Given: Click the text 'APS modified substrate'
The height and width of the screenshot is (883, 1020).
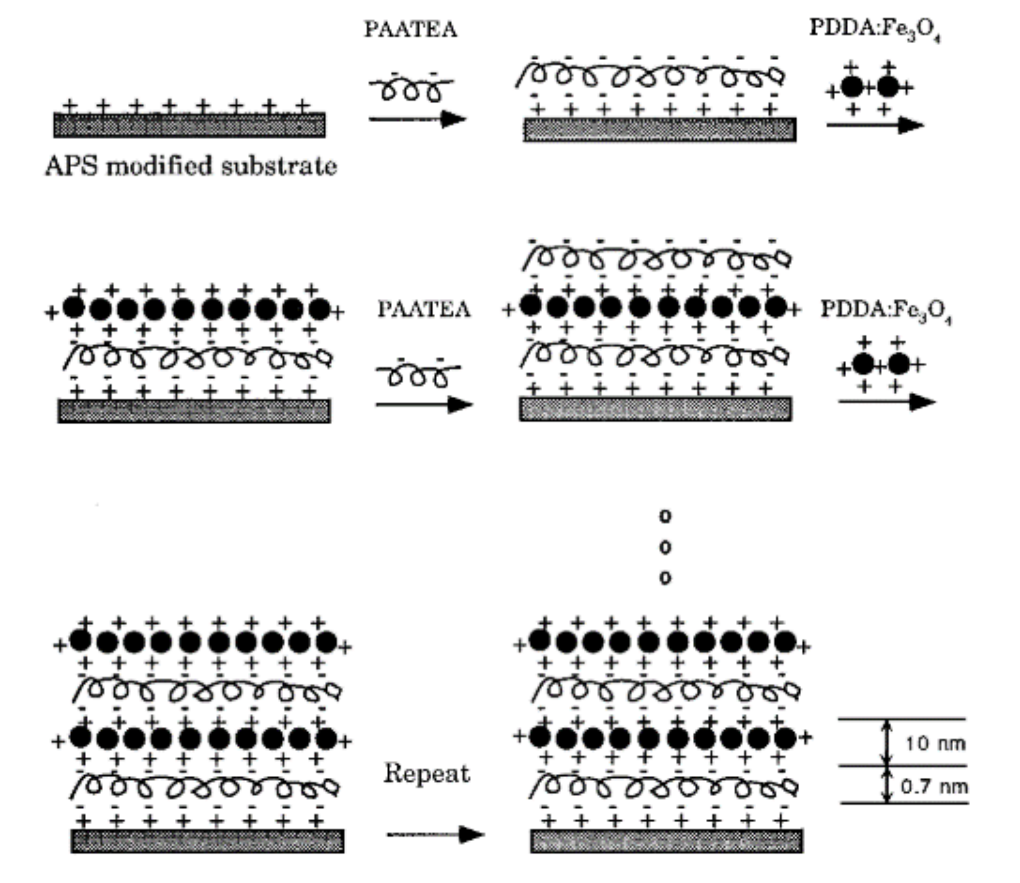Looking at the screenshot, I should [191, 166].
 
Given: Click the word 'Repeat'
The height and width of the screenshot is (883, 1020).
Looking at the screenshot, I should [427, 773].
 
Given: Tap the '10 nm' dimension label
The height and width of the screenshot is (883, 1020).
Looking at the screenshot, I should [935, 743].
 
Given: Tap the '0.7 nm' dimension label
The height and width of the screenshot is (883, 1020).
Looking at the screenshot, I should [934, 786].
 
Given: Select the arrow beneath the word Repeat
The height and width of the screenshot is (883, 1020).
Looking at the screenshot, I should [435, 834].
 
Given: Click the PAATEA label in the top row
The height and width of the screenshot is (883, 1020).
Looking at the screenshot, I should [411, 29].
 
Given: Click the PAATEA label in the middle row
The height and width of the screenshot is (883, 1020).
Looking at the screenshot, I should [424, 310].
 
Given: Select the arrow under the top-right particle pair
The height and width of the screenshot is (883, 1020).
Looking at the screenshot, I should [875, 125].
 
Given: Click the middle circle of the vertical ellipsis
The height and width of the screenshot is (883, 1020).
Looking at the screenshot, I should [665, 547].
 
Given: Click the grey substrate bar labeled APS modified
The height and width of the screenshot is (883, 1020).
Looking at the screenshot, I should [189, 125].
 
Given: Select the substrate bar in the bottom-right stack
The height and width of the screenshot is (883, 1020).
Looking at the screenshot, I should [666, 841].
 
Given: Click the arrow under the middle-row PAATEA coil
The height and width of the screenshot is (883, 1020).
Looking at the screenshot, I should [424, 405].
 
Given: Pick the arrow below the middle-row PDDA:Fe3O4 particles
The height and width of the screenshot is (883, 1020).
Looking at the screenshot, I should [886, 402].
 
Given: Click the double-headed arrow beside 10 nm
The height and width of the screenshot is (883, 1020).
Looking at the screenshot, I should [886, 742].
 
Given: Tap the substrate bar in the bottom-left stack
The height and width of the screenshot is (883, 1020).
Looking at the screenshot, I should [207, 841].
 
